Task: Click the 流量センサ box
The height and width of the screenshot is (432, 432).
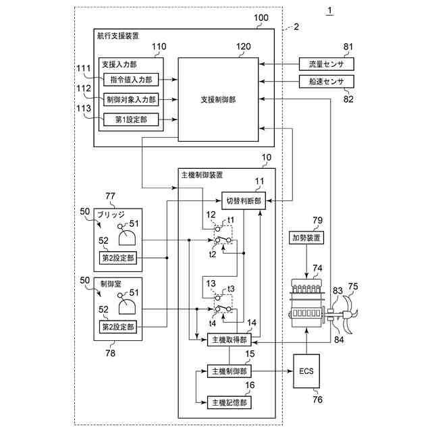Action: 327,64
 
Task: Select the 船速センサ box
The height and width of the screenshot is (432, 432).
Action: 327,81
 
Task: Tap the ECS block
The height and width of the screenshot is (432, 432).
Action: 306,371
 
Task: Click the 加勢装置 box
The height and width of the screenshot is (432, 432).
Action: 306,238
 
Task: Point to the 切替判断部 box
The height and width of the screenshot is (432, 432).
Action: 244,201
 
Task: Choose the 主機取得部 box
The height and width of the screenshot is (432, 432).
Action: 230,340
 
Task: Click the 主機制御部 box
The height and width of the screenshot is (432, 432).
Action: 230,371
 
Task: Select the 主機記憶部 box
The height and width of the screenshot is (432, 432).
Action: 230,402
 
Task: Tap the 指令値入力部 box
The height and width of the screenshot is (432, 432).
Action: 131,80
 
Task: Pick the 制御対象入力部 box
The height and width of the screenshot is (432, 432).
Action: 131,99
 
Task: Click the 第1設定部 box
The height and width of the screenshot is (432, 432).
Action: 131,119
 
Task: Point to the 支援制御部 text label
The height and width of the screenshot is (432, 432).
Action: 218,99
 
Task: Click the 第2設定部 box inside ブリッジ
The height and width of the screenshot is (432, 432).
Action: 118,258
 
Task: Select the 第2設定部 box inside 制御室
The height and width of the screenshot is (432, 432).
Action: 118,327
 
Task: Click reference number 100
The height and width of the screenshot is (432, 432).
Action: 261,18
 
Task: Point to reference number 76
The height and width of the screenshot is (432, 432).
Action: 317,399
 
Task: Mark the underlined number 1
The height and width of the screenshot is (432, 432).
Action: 329,11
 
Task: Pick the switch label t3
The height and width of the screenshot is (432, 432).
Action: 231,289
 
